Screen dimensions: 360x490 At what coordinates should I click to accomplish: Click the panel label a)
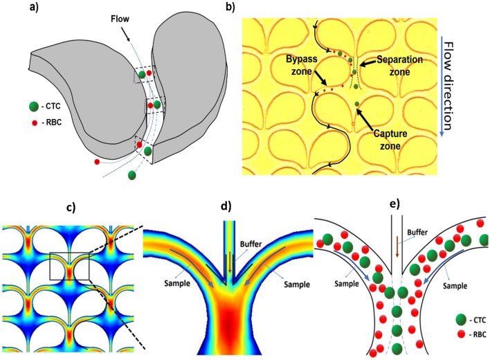click(x=12, y=9)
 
